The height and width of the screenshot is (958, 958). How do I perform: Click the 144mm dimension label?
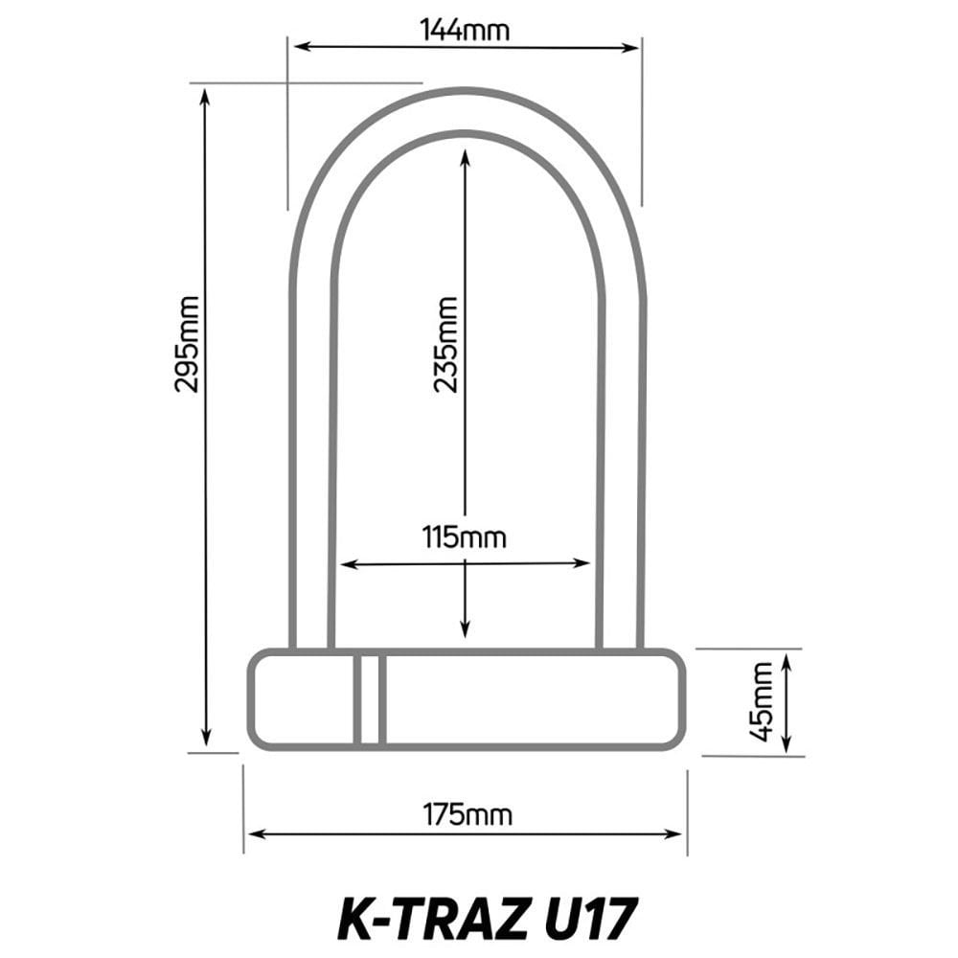[x=465, y=30]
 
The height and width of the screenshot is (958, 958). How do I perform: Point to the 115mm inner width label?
[x=465, y=536]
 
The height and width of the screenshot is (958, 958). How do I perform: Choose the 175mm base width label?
[x=468, y=815]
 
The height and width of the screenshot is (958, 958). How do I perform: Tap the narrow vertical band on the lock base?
[x=369, y=699]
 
